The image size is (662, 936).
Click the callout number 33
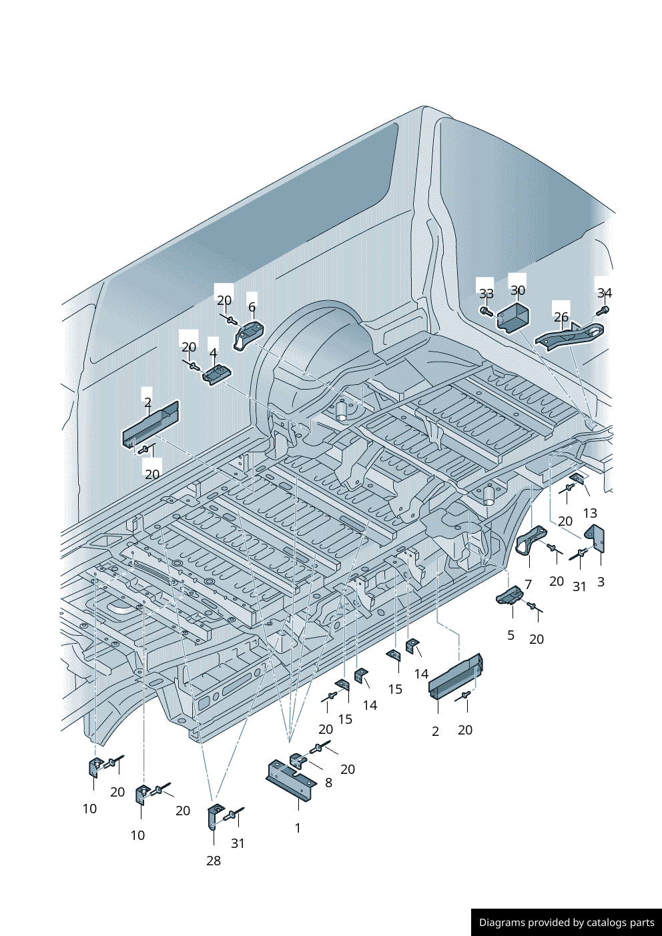pos(486,294)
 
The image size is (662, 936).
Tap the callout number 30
pos(518,290)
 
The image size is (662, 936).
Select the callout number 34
pos(605,293)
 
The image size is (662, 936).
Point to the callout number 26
pos(561,317)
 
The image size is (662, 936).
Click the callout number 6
pos(252,307)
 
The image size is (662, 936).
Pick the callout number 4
pos(213,353)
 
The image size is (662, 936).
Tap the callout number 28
pos(214,861)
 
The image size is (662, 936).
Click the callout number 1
pos(298,828)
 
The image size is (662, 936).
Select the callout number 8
pos(328,783)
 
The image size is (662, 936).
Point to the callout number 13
pos(590,513)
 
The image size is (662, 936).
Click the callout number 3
pos(601,582)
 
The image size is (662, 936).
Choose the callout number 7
pos(528,584)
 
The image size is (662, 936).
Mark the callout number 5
pos(511,635)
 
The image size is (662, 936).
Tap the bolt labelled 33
pos(485,311)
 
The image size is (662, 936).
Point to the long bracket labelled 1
pos(292,783)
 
